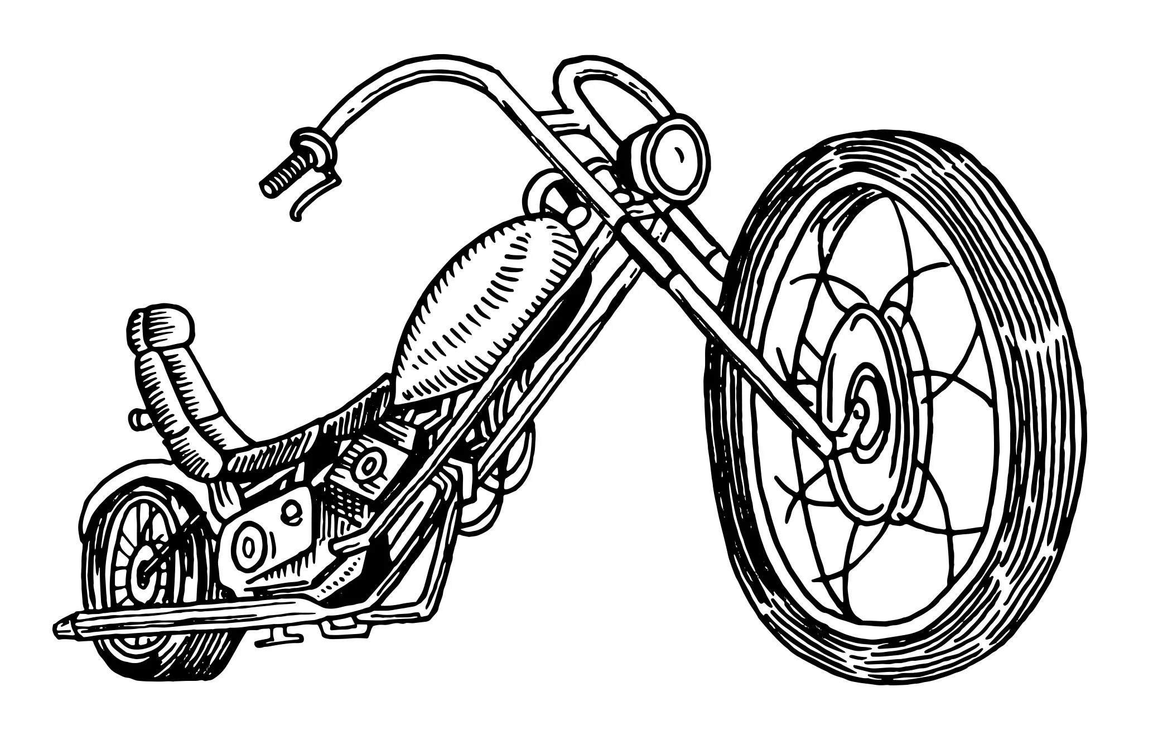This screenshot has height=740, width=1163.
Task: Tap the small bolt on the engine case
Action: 289,507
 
